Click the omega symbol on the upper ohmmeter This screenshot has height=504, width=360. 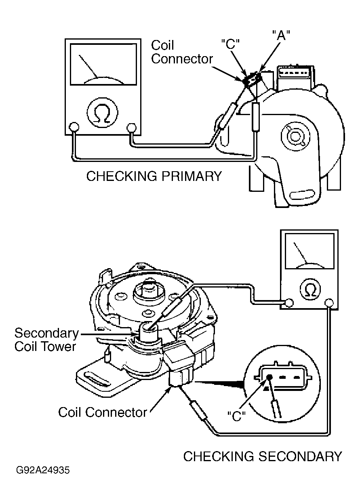(x=103, y=111)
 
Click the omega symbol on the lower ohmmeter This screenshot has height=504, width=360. (x=310, y=289)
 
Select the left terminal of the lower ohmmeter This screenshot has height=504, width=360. (x=289, y=302)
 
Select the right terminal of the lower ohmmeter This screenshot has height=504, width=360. (x=329, y=302)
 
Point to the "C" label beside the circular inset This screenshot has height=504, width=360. (x=236, y=416)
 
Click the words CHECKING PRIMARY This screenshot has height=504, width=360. (x=154, y=176)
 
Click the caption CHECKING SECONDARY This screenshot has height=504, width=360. (x=263, y=456)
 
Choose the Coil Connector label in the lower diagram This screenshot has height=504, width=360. (x=103, y=412)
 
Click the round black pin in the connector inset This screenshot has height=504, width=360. (x=270, y=377)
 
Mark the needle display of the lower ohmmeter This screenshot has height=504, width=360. (x=309, y=251)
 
